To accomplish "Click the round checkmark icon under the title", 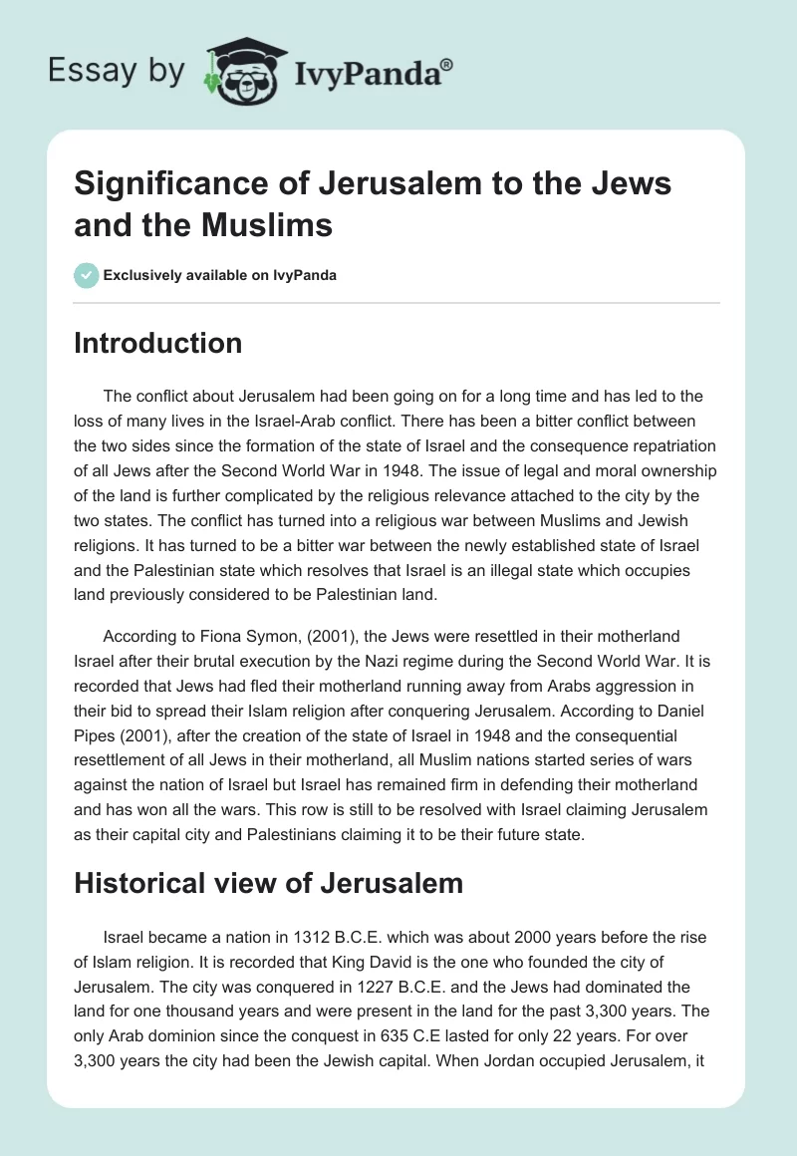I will [x=87, y=275].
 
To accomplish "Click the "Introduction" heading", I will [x=158, y=343].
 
